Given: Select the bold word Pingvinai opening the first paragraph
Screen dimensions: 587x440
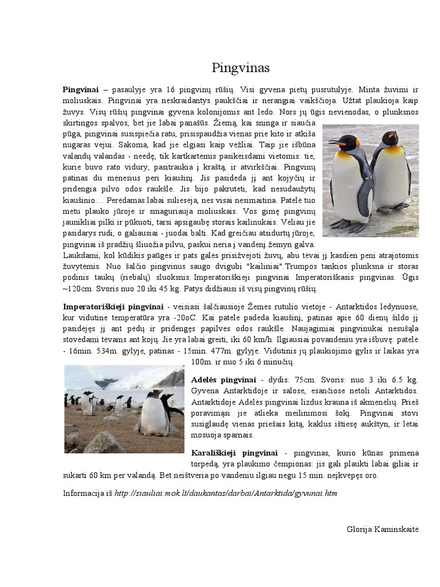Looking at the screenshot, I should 81,89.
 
